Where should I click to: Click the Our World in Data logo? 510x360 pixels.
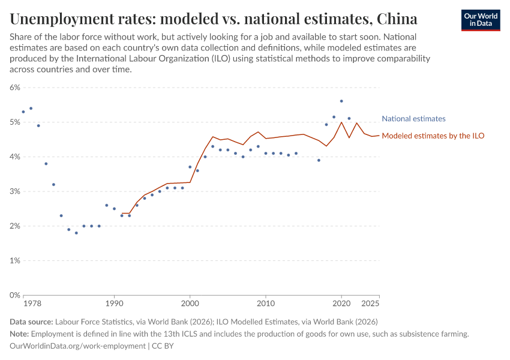480,20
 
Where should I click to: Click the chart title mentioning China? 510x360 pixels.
214,19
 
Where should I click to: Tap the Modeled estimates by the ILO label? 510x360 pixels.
433,136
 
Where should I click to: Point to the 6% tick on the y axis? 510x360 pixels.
14,88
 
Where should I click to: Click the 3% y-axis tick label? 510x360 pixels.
14,191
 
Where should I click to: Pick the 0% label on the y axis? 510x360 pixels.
14,295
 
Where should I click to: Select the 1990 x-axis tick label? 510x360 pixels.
114,304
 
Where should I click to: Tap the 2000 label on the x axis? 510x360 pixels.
190,304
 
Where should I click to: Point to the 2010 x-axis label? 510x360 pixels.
266,304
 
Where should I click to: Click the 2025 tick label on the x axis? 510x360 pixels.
370,304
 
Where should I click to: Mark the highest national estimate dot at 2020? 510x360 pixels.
341,101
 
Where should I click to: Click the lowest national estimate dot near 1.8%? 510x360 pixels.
76,233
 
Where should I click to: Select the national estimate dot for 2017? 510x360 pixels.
319,160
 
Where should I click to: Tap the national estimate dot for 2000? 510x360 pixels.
190,167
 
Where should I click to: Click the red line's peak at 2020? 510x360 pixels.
341,122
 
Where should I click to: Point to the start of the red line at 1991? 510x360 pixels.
122,213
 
